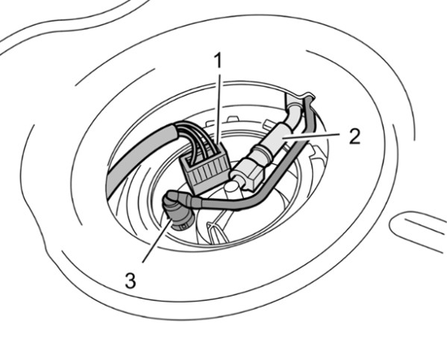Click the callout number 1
pyautogui.click(x=218, y=61)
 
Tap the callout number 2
pyautogui.click(x=354, y=137)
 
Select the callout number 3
pyautogui.click(x=131, y=280)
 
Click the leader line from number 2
pyautogui.click(x=311, y=135)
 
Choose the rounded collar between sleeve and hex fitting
pyautogui.click(x=262, y=152)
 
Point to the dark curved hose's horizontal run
pyautogui.click(x=228, y=204)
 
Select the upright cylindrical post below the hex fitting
pyautogui.click(x=233, y=190)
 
